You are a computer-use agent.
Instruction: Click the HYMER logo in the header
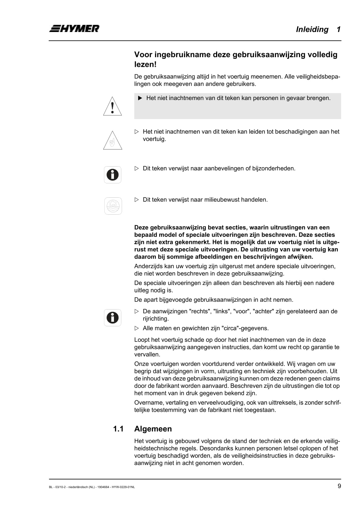(74, 29)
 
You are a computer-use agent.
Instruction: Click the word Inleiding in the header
(312, 30)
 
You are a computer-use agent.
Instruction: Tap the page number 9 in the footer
(339, 486)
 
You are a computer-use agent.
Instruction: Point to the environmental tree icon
(113, 206)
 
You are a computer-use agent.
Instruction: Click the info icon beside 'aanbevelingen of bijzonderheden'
(113, 175)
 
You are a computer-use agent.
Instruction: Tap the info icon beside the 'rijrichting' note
(113, 318)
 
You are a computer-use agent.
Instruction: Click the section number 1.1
(118, 429)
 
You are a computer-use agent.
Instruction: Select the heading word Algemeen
(153, 429)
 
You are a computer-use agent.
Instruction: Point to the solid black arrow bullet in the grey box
(140, 98)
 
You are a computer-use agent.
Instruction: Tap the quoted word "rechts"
(199, 311)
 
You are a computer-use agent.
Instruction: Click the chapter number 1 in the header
(338, 30)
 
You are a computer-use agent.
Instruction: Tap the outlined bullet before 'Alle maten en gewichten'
(137, 328)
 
